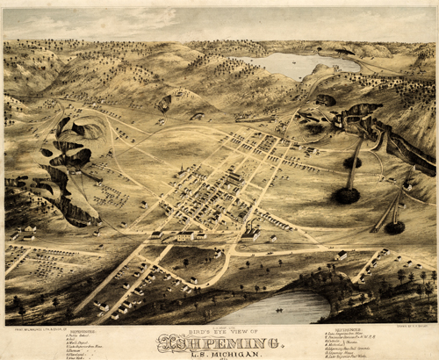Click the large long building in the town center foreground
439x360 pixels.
(184, 235)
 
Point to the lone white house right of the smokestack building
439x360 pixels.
(272, 238)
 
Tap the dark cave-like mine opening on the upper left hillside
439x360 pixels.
(164, 104)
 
